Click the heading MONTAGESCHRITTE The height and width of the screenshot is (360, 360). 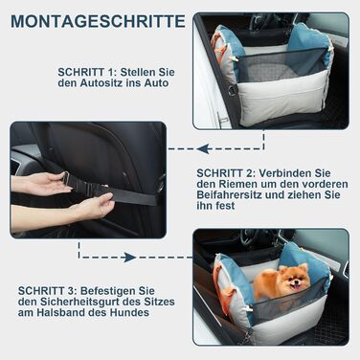pyautogui.click(x=98, y=21)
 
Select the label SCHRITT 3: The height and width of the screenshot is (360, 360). pyautogui.click(x=48, y=291)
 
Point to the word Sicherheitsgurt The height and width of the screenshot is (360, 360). pyautogui.click(x=80, y=302)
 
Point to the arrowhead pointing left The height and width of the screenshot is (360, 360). pyautogui.click(x=203, y=148)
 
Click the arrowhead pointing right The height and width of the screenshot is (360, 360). pyautogui.click(x=130, y=258)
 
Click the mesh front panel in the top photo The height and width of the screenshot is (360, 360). pyautogui.click(x=282, y=65)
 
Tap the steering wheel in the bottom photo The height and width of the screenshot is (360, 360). pyautogui.click(x=251, y=237)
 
